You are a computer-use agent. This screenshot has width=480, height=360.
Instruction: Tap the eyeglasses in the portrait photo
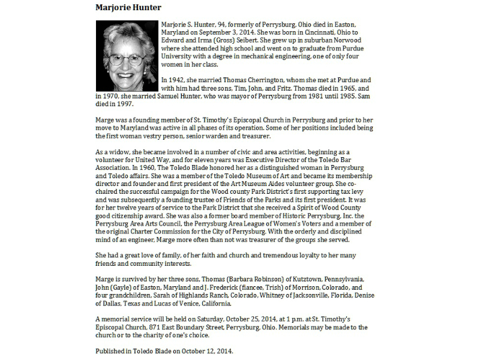[128, 59]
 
